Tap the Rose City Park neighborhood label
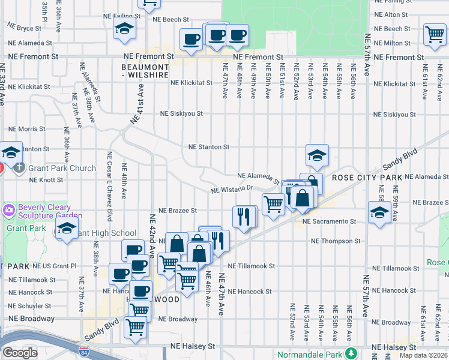[367, 178]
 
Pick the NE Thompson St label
[336, 241]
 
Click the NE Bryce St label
[24, 28]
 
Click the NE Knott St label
[46, 180]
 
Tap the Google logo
[19, 353]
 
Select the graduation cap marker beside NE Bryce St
[125, 29]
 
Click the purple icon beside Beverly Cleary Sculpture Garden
[9, 211]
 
